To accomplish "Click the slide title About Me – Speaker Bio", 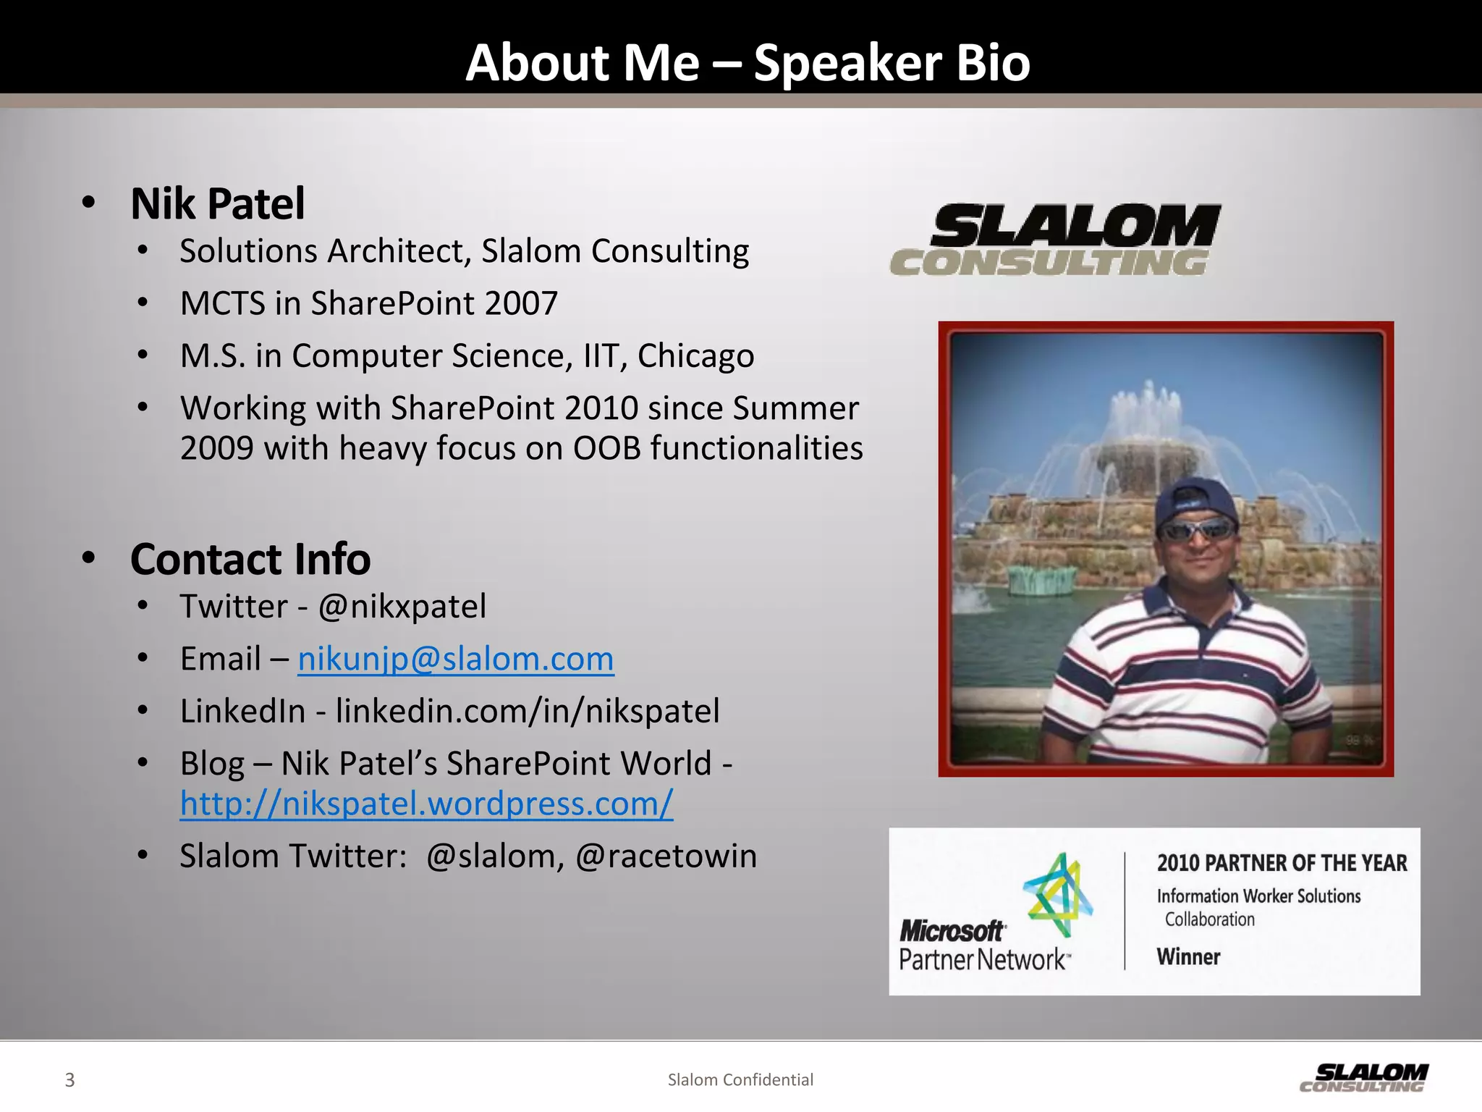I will pyautogui.click(x=748, y=62).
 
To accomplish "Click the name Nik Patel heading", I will pyautogui.click(x=217, y=203).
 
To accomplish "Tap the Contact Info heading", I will pyautogui.click(x=250, y=559).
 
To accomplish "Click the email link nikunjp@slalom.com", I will pyautogui.click(x=456, y=659).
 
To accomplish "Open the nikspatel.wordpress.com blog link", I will pyautogui.click(x=426, y=803).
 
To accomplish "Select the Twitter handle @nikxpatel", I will pyautogui.click(x=402, y=607).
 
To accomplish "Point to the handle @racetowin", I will pyautogui.click(x=666, y=856).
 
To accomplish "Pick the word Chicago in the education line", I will pyautogui.click(x=695, y=355).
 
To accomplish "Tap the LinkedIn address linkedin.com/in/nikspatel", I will pyautogui.click(x=528, y=711).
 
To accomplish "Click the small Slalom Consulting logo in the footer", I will pyautogui.click(x=1363, y=1077).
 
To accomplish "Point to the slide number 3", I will pyautogui.click(x=69, y=1080).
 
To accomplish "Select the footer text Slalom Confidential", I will pyautogui.click(x=740, y=1080).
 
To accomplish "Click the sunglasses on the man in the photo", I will pyautogui.click(x=1197, y=530).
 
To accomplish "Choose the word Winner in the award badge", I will pyautogui.click(x=1188, y=957).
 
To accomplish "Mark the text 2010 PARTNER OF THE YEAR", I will pyautogui.click(x=1282, y=863).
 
